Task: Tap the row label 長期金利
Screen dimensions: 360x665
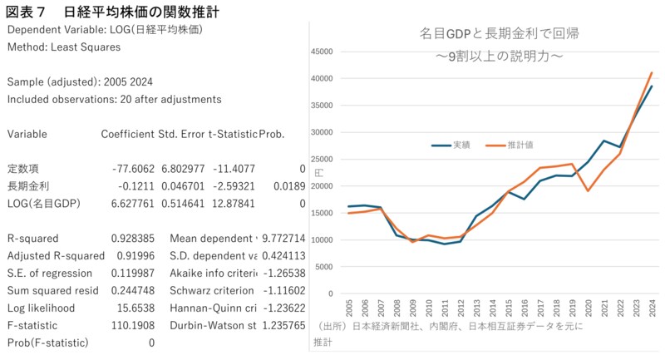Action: (27, 185)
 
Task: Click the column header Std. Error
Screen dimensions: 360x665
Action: (181, 134)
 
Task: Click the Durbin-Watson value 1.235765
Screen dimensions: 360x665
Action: (279, 325)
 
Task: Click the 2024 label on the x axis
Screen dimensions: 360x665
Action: (653, 308)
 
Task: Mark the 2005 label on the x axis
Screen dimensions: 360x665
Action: (348, 308)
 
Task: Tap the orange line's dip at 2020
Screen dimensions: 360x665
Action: (589, 191)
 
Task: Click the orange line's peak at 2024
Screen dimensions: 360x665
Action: (652, 72)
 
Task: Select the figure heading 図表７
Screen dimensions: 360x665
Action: (27, 11)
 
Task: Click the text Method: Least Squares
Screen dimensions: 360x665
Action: (63, 47)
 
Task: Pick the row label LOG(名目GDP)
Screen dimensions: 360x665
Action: (44, 203)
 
